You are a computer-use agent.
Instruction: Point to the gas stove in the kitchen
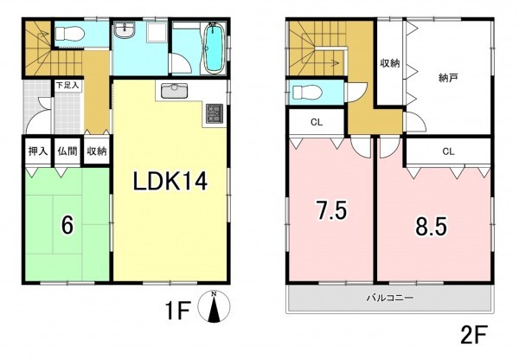coord(213,112)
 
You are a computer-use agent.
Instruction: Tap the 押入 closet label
coord(36,151)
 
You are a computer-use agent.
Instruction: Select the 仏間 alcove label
coord(67,151)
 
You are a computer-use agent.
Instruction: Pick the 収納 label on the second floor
coord(389,63)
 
